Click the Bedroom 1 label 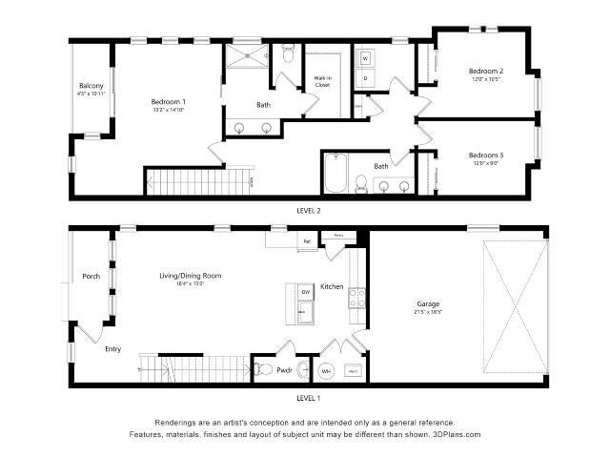[169, 101]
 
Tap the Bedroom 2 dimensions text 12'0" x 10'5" [485, 79]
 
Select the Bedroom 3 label [485, 155]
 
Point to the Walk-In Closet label [323, 83]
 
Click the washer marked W [366, 57]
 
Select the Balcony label [91, 87]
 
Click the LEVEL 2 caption [308, 209]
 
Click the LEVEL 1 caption [308, 397]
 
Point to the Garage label [427, 304]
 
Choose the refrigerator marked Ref [307, 241]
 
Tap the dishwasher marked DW [307, 292]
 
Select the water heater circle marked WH [326, 370]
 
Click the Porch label [91, 277]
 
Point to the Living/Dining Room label [190, 276]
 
